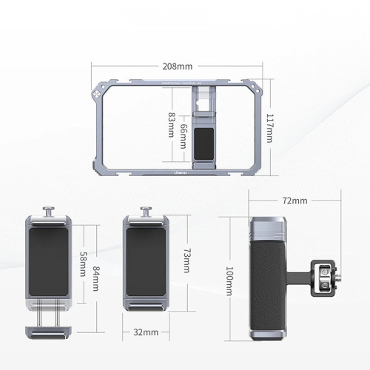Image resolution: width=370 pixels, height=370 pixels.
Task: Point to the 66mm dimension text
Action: pyautogui.click(x=184, y=134)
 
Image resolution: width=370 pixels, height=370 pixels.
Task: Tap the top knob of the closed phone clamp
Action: pyautogui.click(x=145, y=212)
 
